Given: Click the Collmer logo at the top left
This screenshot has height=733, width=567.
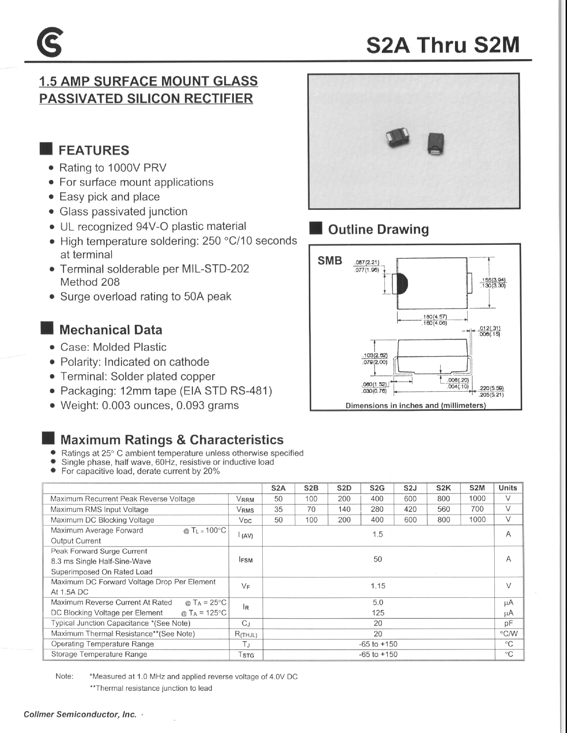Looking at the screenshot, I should point(49,42).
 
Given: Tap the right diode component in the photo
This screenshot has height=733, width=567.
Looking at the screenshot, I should point(435,143).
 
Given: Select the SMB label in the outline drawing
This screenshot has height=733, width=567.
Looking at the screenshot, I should point(330,261).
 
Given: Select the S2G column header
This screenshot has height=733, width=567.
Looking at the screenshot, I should point(377,488).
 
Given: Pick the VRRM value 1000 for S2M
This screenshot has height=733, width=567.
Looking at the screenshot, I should point(477,498).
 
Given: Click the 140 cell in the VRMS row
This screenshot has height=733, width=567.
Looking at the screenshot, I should point(344,509).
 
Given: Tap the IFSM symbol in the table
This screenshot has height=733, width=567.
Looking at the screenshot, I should point(246,559).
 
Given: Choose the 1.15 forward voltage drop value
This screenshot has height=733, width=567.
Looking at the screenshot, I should point(378,586).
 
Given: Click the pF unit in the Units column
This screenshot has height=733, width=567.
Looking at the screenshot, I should point(509,623).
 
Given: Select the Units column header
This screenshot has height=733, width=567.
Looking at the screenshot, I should point(508,488).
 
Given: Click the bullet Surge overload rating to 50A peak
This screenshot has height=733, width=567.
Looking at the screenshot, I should point(145,297).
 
